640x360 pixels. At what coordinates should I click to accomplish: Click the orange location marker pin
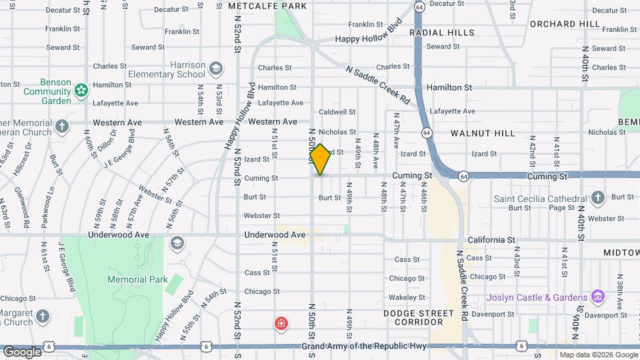tap(321, 159)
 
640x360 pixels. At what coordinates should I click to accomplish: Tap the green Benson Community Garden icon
tap(81, 89)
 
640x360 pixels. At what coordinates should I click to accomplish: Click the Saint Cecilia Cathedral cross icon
tap(598, 197)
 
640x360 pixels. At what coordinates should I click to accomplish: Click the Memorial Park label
tap(137, 280)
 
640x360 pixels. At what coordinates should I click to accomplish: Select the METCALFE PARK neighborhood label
tap(267, 6)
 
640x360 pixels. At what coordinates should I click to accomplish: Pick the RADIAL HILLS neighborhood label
tap(442, 33)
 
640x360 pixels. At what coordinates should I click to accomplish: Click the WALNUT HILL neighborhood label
tap(483, 133)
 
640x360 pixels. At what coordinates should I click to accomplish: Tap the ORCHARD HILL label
tap(565, 24)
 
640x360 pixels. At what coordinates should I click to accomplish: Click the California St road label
tap(491, 240)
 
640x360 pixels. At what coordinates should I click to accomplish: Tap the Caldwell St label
tap(337, 112)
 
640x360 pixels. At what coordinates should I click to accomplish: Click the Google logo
tap(22, 352)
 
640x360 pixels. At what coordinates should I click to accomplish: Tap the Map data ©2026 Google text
tap(598, 355)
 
